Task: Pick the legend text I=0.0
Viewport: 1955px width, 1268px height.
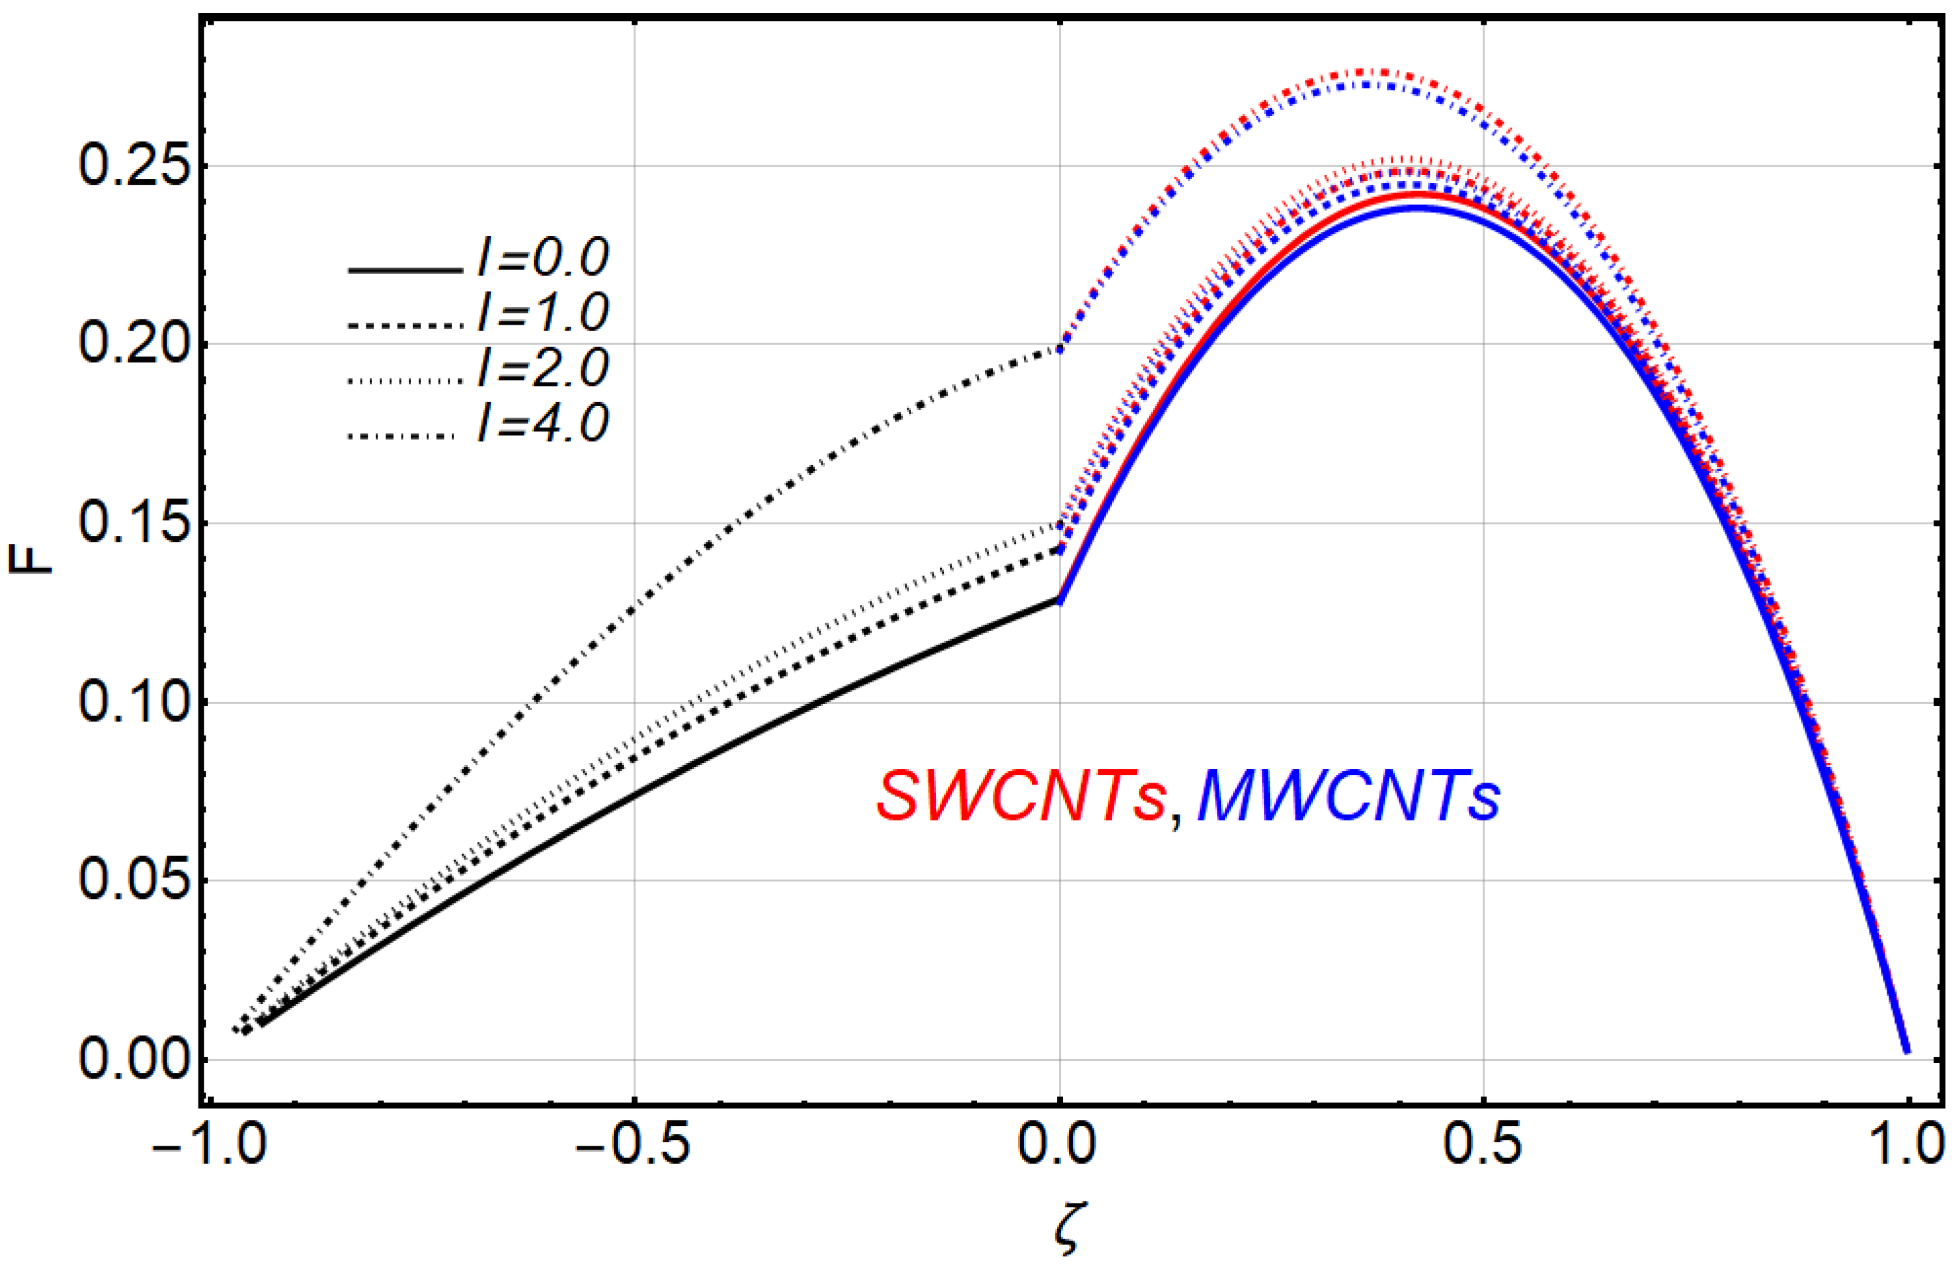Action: [x=543, y=259]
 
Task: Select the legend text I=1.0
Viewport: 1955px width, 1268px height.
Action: [x=543, y=314]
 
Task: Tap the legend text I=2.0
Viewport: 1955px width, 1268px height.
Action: [x=543, y=369]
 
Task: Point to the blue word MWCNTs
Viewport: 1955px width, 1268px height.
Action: [x=1349, y=798]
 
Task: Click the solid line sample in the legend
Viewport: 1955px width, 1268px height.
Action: [x=403, y=269]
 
